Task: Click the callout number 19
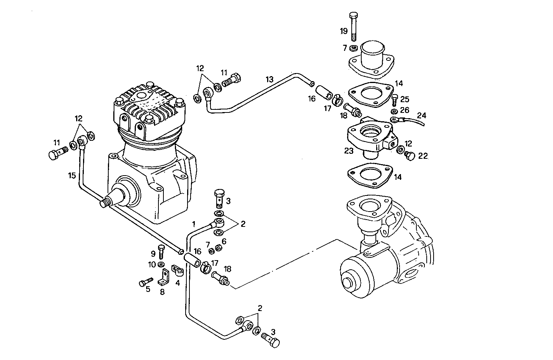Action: coord(344,31)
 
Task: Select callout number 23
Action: coord(348,151)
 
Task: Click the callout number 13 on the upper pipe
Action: coord(270,80)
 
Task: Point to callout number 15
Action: coord(72,176)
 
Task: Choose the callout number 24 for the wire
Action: coord(421,115)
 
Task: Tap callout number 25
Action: coord(405,99)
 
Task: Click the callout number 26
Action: coord(405,110)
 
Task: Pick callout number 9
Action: coord(153,253)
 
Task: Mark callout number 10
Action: coord(152,264)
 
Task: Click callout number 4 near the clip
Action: coord(178,283)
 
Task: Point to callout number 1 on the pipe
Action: coord(194,223)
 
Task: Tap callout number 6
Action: coord(224,241)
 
